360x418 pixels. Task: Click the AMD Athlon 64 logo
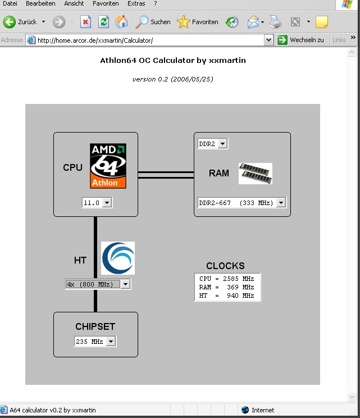click(x=108, y=166)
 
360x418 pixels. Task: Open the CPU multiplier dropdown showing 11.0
click(x=97, y=203)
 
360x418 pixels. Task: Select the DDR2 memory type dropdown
click(x=212, y=144)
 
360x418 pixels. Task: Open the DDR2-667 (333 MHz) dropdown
click(x=241, y=203)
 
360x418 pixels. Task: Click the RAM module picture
click(x=256, y=174)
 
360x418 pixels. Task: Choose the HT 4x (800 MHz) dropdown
click(x=98, y=284)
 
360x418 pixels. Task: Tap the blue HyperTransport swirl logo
click(x=118, y=258)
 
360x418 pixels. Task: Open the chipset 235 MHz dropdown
click(x=95, y=342)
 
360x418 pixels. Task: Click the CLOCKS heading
click(x=225, y=266)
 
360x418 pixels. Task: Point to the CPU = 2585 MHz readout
click(x=227, y=279)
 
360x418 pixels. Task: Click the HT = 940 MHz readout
click(x=227, y=296)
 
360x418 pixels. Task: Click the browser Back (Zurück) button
click(x=21, y=22)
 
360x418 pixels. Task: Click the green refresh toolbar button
click(x=103, y=22)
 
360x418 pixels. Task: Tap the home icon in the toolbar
click(x=121, y=22)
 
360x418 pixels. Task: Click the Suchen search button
click(x=153, y=22)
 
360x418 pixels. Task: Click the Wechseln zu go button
click(x=302, y=40)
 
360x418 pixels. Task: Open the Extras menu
click(x=136, y=3)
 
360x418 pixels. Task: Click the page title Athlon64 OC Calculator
click(x=172, y=60)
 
